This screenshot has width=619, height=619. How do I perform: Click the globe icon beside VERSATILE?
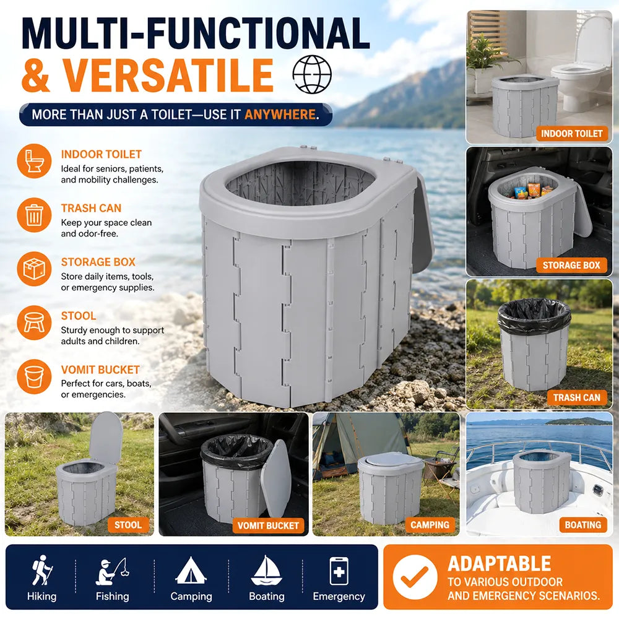[312, 74]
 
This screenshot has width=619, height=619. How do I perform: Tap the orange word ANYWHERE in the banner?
[280, 115]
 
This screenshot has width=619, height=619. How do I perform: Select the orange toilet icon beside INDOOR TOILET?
[34, 161]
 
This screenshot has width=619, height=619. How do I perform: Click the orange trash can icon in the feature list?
[34, 215]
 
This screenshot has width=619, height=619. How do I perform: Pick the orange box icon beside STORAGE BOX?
[34, 269]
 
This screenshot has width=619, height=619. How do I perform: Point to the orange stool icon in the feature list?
[34, 322]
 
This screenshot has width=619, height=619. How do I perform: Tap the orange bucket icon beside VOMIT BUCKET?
[34, 376]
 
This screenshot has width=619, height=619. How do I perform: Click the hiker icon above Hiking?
[41, 570]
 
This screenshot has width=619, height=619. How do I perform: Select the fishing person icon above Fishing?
[112, 571]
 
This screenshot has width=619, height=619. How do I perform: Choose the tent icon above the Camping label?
[191, 571]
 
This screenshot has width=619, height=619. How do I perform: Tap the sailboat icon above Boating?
[266, 571]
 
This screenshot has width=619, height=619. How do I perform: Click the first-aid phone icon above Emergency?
[339, 571]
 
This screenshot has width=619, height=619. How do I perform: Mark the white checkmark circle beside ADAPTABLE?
[415, 577]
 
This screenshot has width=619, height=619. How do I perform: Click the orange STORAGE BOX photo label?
[571, 266]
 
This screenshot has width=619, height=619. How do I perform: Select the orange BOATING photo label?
[582, 525]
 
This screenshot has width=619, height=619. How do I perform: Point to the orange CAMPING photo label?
[430, 525]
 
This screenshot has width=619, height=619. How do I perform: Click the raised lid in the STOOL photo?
[105, 438]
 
